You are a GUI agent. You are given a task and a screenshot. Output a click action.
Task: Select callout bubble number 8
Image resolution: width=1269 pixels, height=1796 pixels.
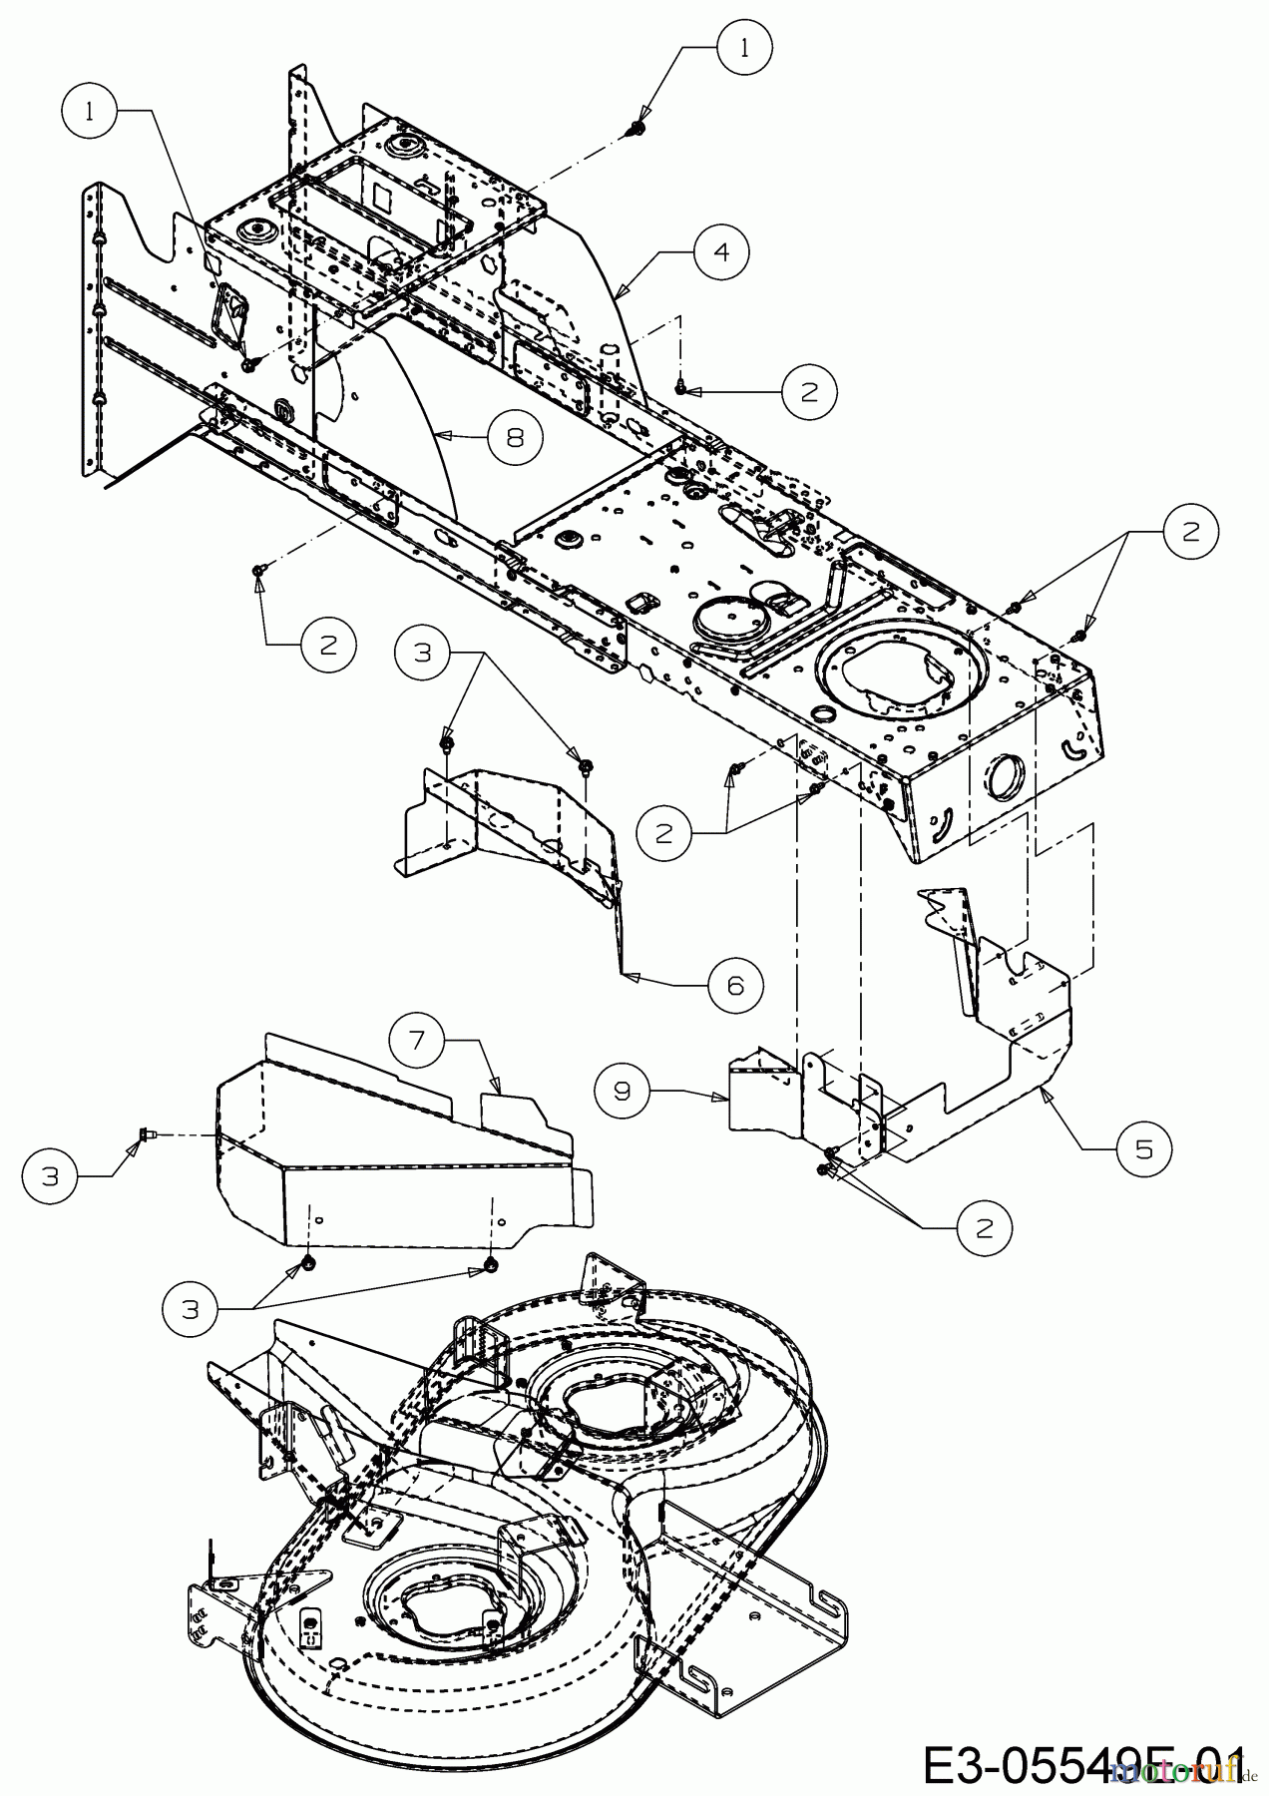click(515, 437)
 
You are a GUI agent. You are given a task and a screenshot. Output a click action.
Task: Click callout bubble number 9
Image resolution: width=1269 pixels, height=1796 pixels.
click(623, 1090)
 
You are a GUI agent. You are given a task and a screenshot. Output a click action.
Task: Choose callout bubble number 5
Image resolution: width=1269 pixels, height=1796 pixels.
click(1143, 1149)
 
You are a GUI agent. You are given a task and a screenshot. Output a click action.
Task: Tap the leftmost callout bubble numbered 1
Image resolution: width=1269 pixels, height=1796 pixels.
click(91, 111)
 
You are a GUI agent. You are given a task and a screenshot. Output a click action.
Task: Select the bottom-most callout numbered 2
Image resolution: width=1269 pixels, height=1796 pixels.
click(985, 1228)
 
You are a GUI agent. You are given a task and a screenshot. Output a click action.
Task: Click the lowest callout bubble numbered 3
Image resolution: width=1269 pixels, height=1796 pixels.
click(192, 1309)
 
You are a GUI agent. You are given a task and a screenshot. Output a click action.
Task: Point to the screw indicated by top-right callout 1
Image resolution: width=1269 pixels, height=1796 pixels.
click(634, 129)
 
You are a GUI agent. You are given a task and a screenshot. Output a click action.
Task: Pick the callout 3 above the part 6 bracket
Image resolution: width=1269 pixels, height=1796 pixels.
click(423, 654)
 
